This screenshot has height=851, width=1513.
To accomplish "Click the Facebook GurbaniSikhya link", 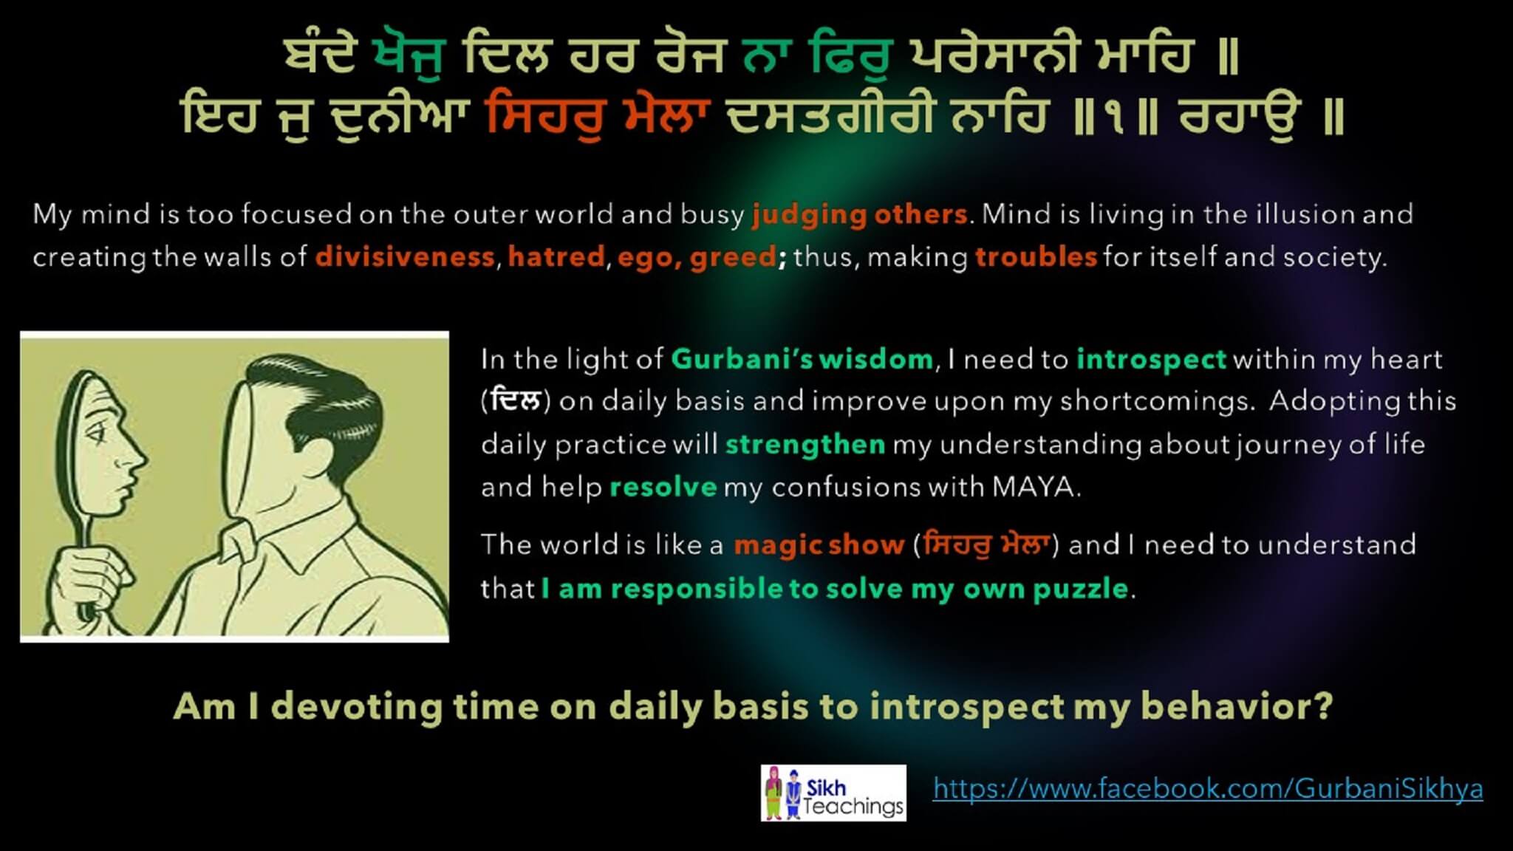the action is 1208,789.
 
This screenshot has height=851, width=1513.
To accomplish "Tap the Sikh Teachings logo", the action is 833,793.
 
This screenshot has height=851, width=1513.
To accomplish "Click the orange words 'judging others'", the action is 860,215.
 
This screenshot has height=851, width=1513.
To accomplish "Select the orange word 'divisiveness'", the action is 405,257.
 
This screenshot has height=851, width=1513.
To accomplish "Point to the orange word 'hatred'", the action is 556,257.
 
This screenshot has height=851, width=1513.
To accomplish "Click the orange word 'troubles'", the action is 1036,257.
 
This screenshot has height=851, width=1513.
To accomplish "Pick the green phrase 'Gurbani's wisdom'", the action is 802,359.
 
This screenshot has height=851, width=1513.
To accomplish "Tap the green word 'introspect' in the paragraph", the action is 1151,360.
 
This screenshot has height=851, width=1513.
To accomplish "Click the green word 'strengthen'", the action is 805,445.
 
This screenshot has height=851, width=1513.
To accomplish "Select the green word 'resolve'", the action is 663,488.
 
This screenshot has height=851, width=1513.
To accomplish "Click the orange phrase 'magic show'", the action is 819,545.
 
